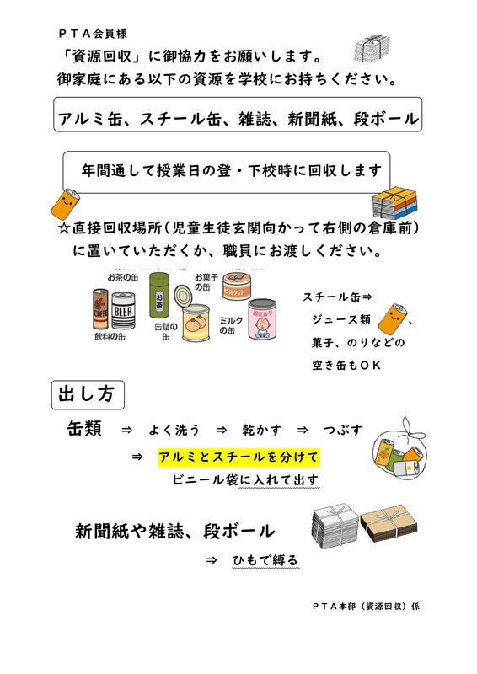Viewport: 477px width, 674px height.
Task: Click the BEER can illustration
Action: tap(123, 310)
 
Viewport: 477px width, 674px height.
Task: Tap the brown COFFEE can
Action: tap(100, 309)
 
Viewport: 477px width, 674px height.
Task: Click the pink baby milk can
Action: tap(262, 319)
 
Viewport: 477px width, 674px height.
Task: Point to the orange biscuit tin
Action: tap(237, 286)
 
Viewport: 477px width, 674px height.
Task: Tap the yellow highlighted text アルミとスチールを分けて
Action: tap(238, 457)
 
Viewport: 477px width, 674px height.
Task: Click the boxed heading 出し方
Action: tap(88, 394)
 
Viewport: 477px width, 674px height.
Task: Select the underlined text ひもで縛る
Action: tap(265, 560)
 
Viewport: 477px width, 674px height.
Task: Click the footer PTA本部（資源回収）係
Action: tap(366, 606)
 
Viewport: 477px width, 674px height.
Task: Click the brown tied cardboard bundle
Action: tap(389, 523)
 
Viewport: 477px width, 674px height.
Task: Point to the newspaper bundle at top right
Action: tap(372, 48)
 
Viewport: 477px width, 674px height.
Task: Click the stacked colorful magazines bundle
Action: tap(395, 202)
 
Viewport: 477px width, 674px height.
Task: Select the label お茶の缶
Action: tap(122, 278)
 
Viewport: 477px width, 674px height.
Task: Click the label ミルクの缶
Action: tap(231, 325)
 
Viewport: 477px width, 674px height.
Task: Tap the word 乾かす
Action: tap(261, 430)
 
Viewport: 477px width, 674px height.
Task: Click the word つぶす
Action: tap(343, 430)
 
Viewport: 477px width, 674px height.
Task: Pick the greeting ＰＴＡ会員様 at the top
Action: tap(93, 34)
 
